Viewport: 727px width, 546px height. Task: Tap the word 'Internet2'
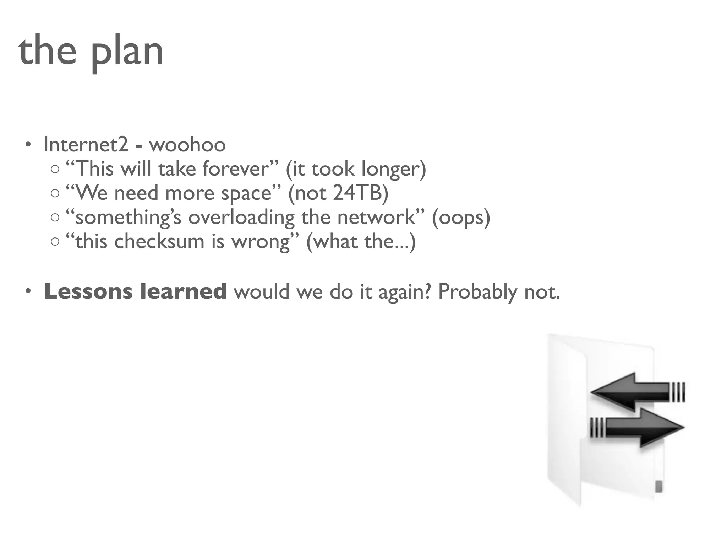click(x=86, y=145)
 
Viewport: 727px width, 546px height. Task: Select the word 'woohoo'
click(x=187, y=145)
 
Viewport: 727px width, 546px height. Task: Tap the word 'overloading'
click(x=241, y=218)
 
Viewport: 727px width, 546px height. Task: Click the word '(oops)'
click(x=461, y=218)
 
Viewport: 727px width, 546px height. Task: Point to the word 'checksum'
click(x=159, y=241)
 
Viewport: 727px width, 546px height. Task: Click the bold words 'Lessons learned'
click(x=135, y=291)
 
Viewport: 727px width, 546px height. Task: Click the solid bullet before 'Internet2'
click(x=28, y=145)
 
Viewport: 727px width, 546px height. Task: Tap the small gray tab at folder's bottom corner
click(x=658, y=486)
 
